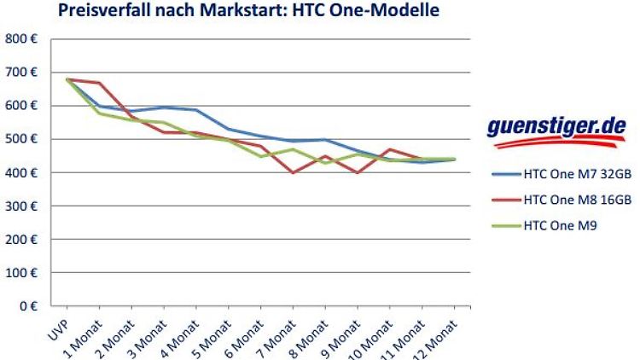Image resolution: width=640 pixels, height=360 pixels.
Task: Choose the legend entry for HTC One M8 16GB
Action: tap(576, 199)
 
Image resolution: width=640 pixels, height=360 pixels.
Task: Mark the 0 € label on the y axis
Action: tap(27, 305)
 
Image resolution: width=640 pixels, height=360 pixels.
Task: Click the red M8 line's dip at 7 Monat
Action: tap(294, 172)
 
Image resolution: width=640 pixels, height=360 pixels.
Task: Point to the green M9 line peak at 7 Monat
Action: tap(294, 149)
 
